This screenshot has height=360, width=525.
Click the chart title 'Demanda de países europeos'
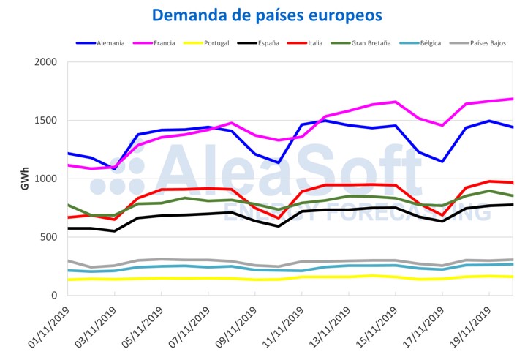pos(267,15)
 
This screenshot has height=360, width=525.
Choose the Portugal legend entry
pos(217,43)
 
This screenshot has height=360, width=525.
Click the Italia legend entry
pos(315,43)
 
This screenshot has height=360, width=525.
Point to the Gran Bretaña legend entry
pos(371,43)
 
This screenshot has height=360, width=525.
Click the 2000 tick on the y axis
pos(47,62)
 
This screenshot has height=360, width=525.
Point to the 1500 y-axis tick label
pos(47,121)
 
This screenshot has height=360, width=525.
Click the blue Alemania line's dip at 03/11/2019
pos(115,169)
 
